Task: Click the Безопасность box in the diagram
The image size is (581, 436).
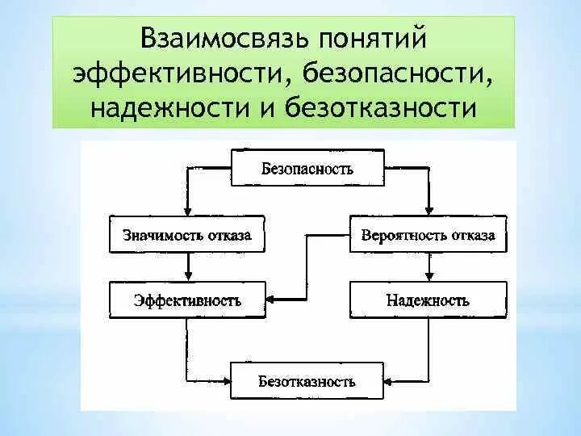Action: click(x=307, y=170)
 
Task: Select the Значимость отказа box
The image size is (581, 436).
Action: click(x=188, y=236)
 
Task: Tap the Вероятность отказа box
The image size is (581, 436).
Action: click(x=428, y=236)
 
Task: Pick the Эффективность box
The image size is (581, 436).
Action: click(x=188, y=300)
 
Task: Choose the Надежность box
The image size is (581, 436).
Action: click(x=428, y=300)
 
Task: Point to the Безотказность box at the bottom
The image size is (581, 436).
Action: click(x=307, y=380)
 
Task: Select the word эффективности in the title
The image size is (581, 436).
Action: click(x=176, y=73)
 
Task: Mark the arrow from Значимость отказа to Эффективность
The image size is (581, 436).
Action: click(x=188, y=267)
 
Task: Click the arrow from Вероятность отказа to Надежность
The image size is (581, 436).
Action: click(x=428, y=267)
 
